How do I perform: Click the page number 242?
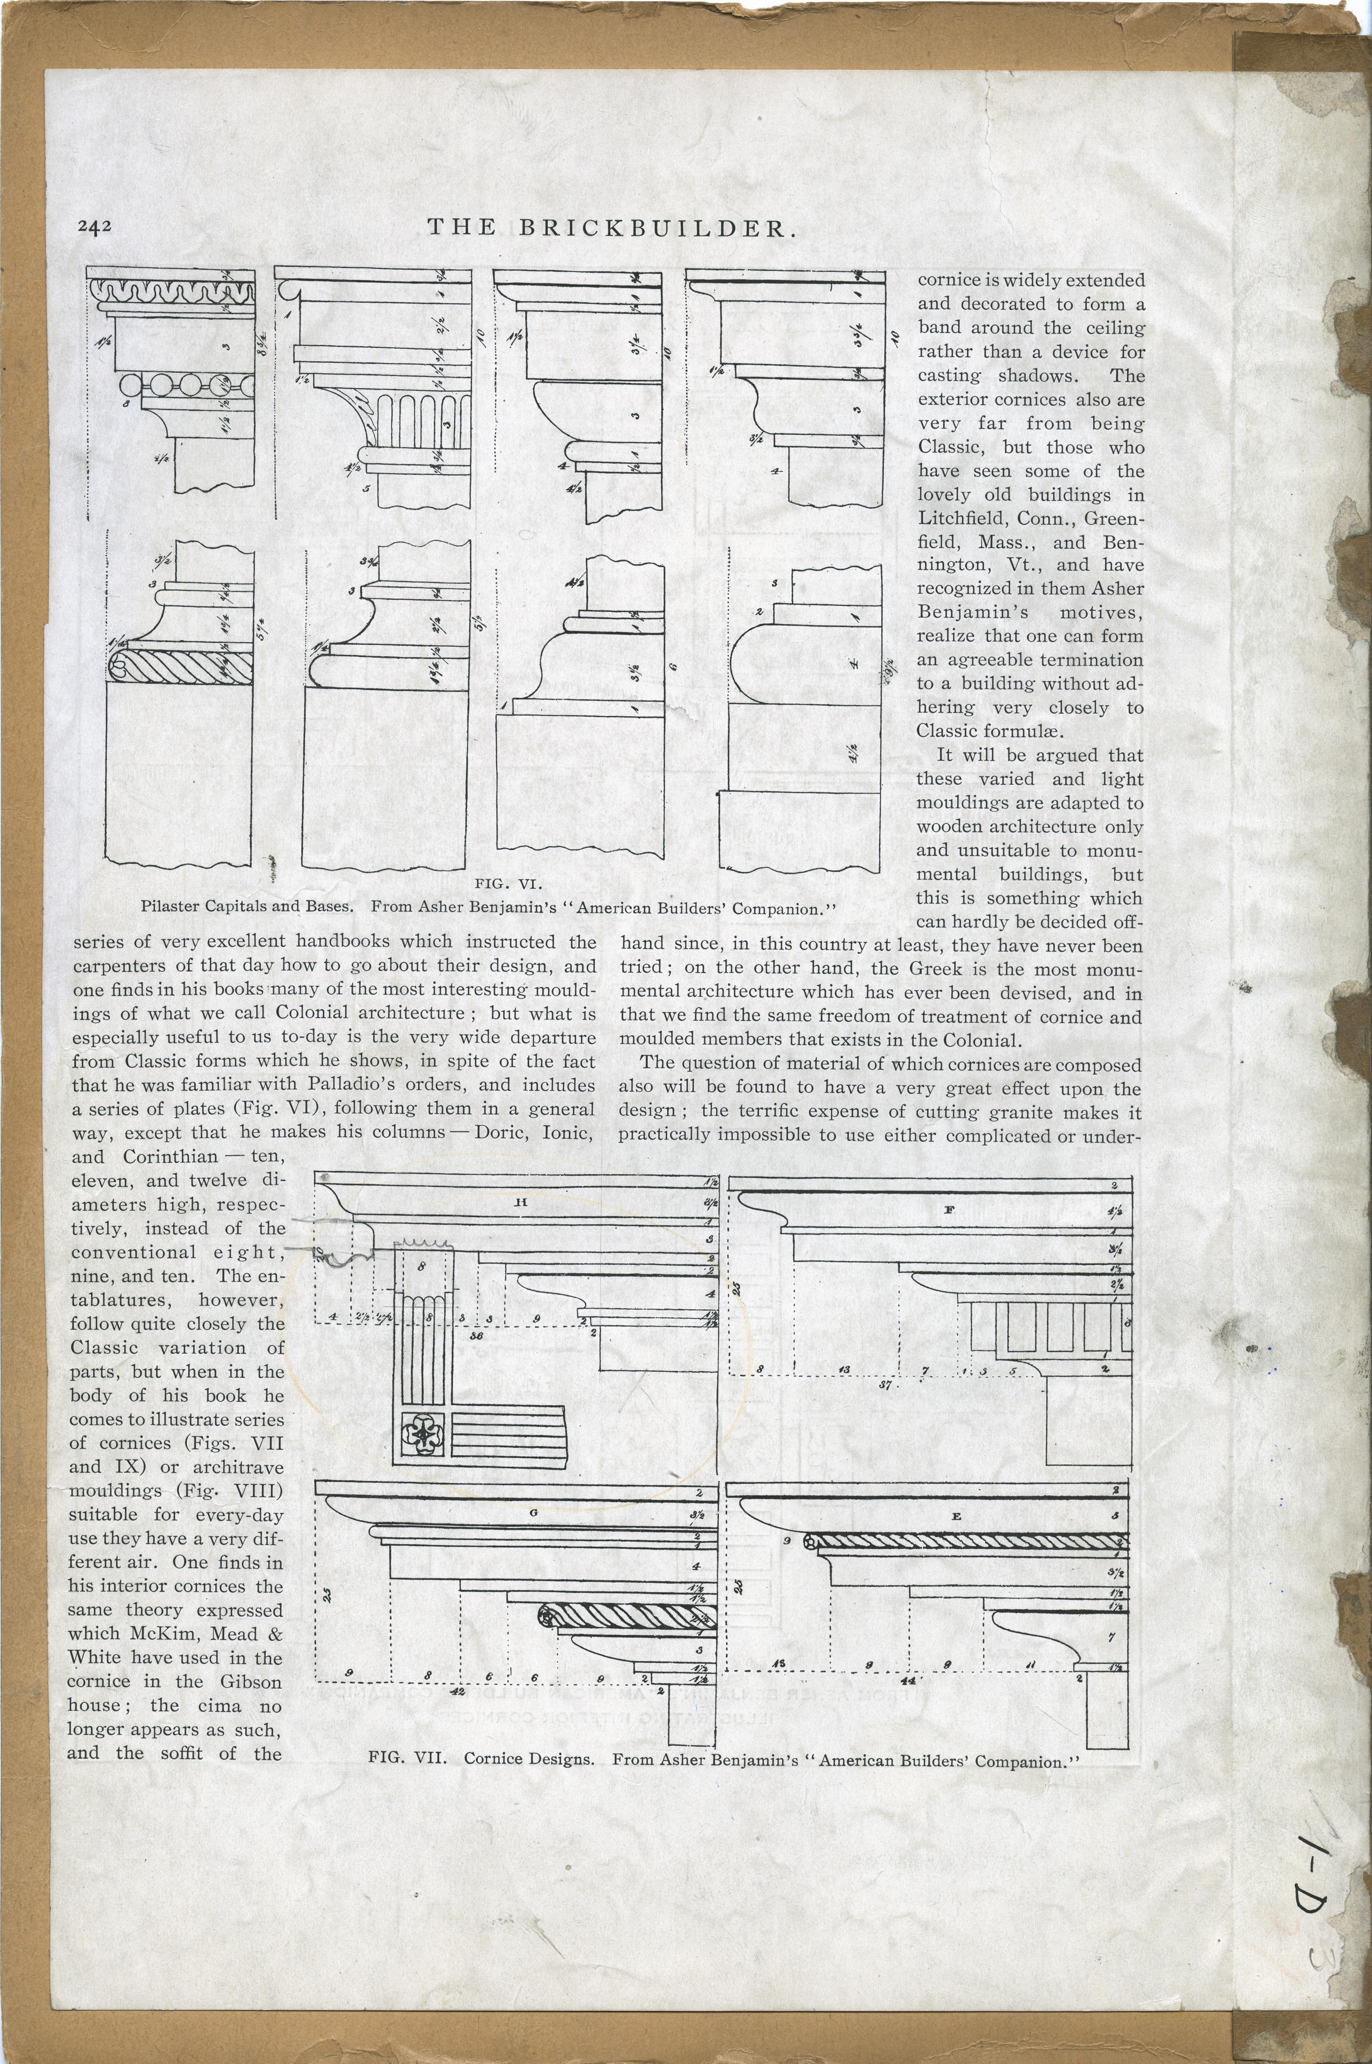point(94,227)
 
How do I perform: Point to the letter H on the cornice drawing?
point(521,1202)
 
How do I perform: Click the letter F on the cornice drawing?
point(948,1210)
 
